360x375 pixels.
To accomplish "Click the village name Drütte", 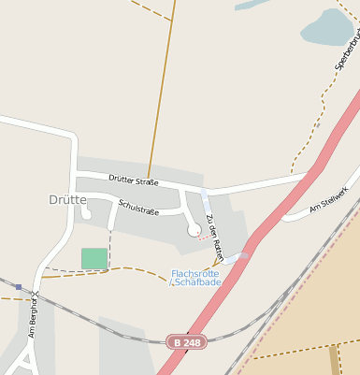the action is click(x=67, y=199).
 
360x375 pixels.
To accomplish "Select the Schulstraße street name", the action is click(x=138, y=208).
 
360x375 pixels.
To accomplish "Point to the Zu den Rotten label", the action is click(x=215, y=235).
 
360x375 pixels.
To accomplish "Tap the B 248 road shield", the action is click(x=186, y=342).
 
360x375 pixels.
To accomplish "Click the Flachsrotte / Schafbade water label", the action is click(x=196, y=278).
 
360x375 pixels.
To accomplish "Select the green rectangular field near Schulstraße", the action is click(x=94, y=258).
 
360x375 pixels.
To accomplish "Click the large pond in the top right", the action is click(x=327, y=27).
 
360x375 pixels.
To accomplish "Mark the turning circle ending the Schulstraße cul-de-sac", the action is click(x=194, y=229).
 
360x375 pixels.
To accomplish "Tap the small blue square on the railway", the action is click(x=18, y=287).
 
